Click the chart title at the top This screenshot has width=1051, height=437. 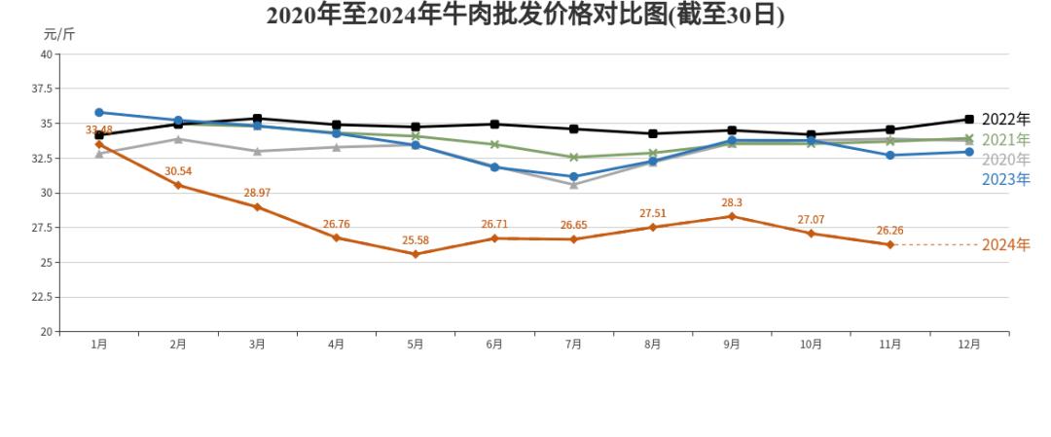(x=525, y=17)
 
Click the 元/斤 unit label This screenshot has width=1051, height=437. (x=58, y=35)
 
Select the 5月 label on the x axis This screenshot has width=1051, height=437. (x=415, y=345)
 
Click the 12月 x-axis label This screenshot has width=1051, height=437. (x=968, y=345)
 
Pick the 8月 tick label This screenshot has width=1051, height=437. (x=652, y=345)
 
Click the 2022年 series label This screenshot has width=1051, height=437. (x=1005, y=119)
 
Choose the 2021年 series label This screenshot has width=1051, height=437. (x=1005, y=140)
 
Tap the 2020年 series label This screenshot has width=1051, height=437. (x=1005, y=160)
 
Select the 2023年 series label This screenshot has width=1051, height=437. (x=1005, y=179)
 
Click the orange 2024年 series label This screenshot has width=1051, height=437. (x=1005, y=245)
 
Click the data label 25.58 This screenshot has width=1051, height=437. (x=416, y=240)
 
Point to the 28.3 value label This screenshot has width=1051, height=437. (x=732, y=202)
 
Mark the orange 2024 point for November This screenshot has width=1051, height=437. (x=889, y=244)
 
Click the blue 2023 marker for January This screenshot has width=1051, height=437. (x=99, y=113)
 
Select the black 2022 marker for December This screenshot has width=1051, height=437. (x=969, y=119)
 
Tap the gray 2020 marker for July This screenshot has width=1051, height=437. (x=573, y=185)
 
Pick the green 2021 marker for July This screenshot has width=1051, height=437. (x=573, y=158)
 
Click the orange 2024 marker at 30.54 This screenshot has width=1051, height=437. (x=178, y=185)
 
